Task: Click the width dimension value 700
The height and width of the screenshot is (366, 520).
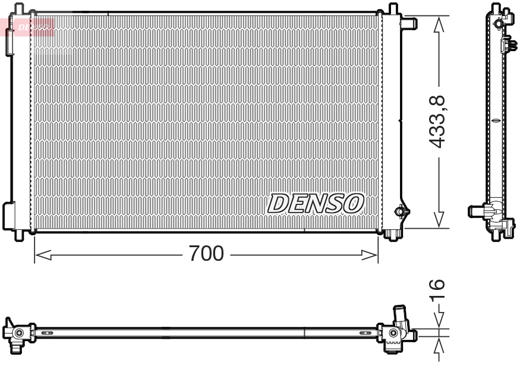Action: pos(206,254)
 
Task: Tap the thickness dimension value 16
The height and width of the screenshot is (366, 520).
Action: pos(438,290)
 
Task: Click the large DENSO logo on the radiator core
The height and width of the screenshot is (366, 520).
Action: pos(316,203)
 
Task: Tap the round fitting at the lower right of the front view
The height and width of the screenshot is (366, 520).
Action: pos(401,211)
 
